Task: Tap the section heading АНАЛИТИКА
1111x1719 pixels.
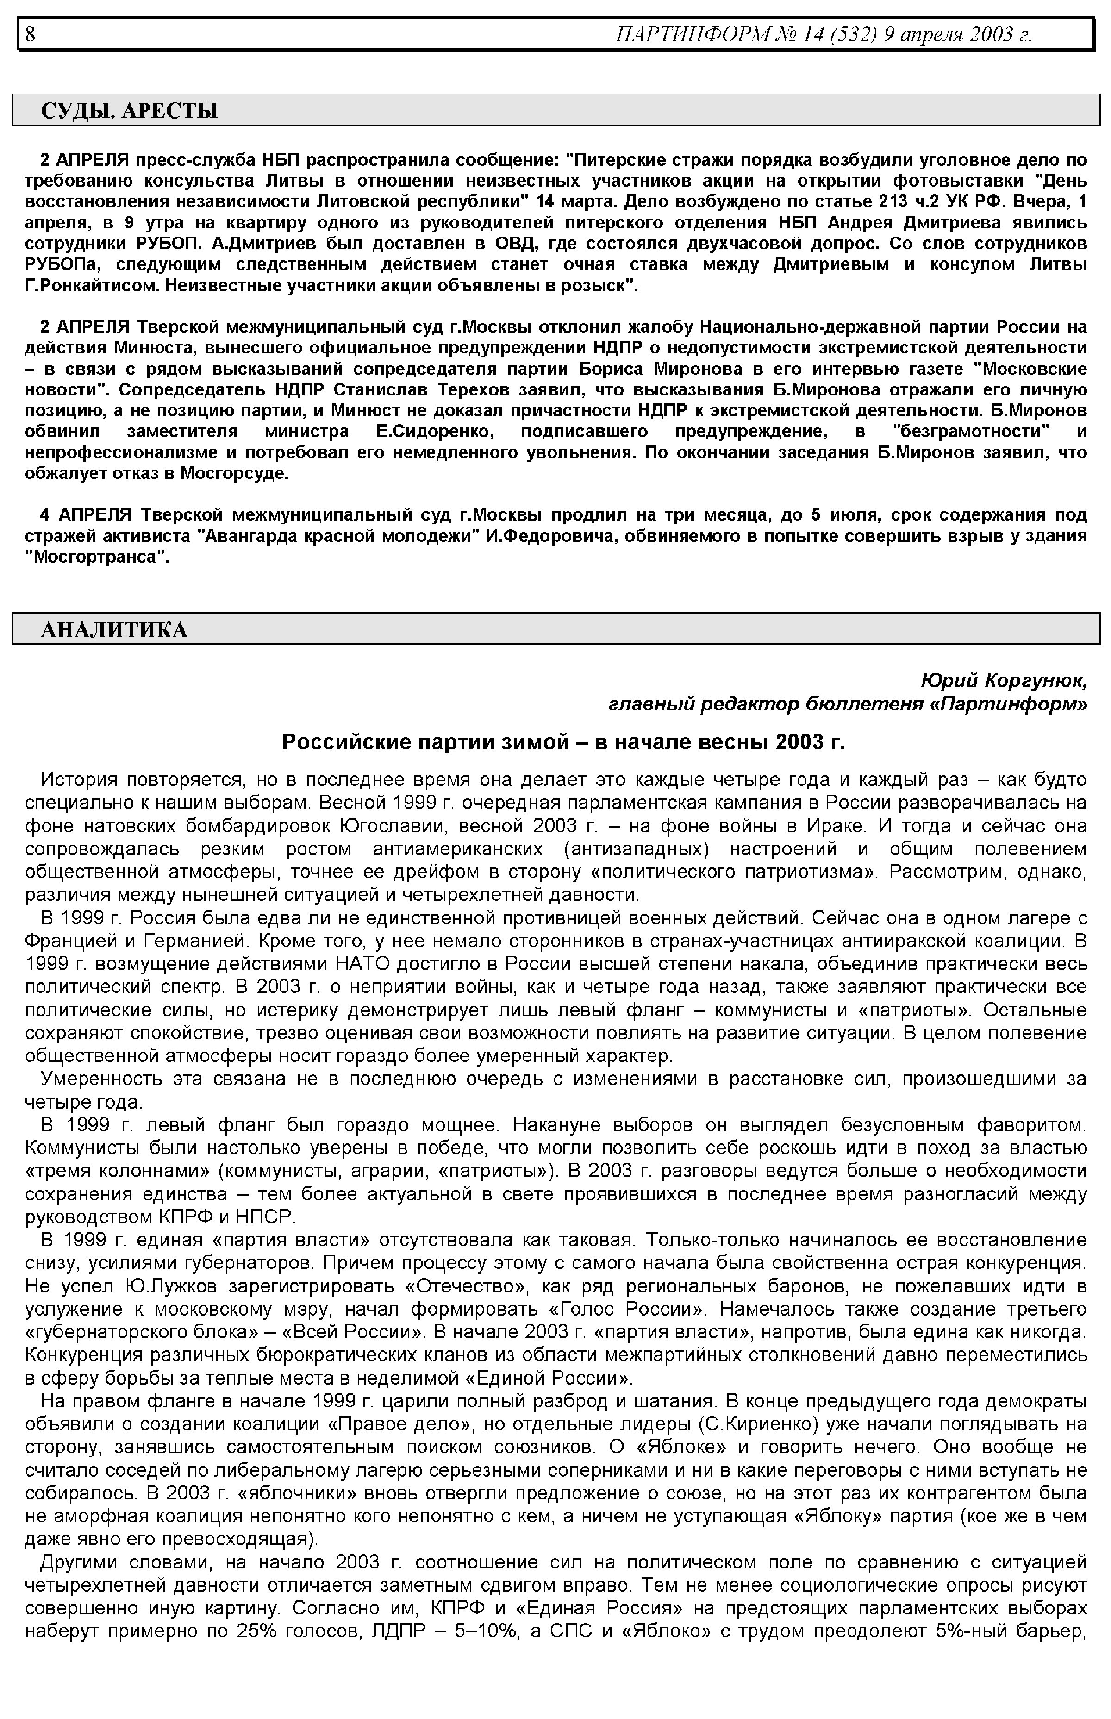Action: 114,630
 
